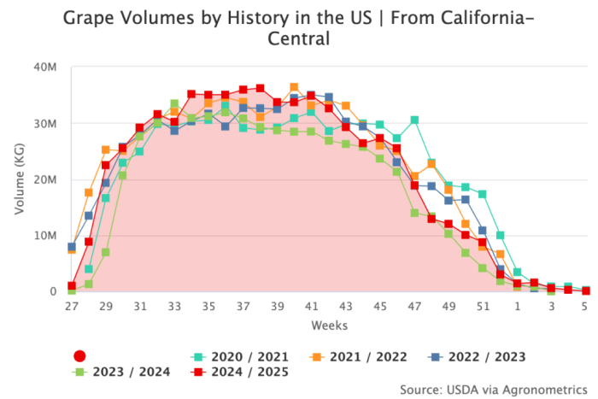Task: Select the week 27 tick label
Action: click(x=72, y=306)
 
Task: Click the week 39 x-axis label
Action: click(x=277, y=306)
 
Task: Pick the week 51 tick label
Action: click(x=483, y=306)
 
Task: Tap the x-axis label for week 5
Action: click(x=585, y=306)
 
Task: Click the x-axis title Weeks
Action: click(x=328, y=326)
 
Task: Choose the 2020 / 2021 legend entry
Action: click(x=240, y=356)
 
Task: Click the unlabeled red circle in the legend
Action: click(x=79, y=356)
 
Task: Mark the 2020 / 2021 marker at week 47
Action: click(x=414, y=120)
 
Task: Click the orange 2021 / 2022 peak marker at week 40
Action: click(x=294, y=87)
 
